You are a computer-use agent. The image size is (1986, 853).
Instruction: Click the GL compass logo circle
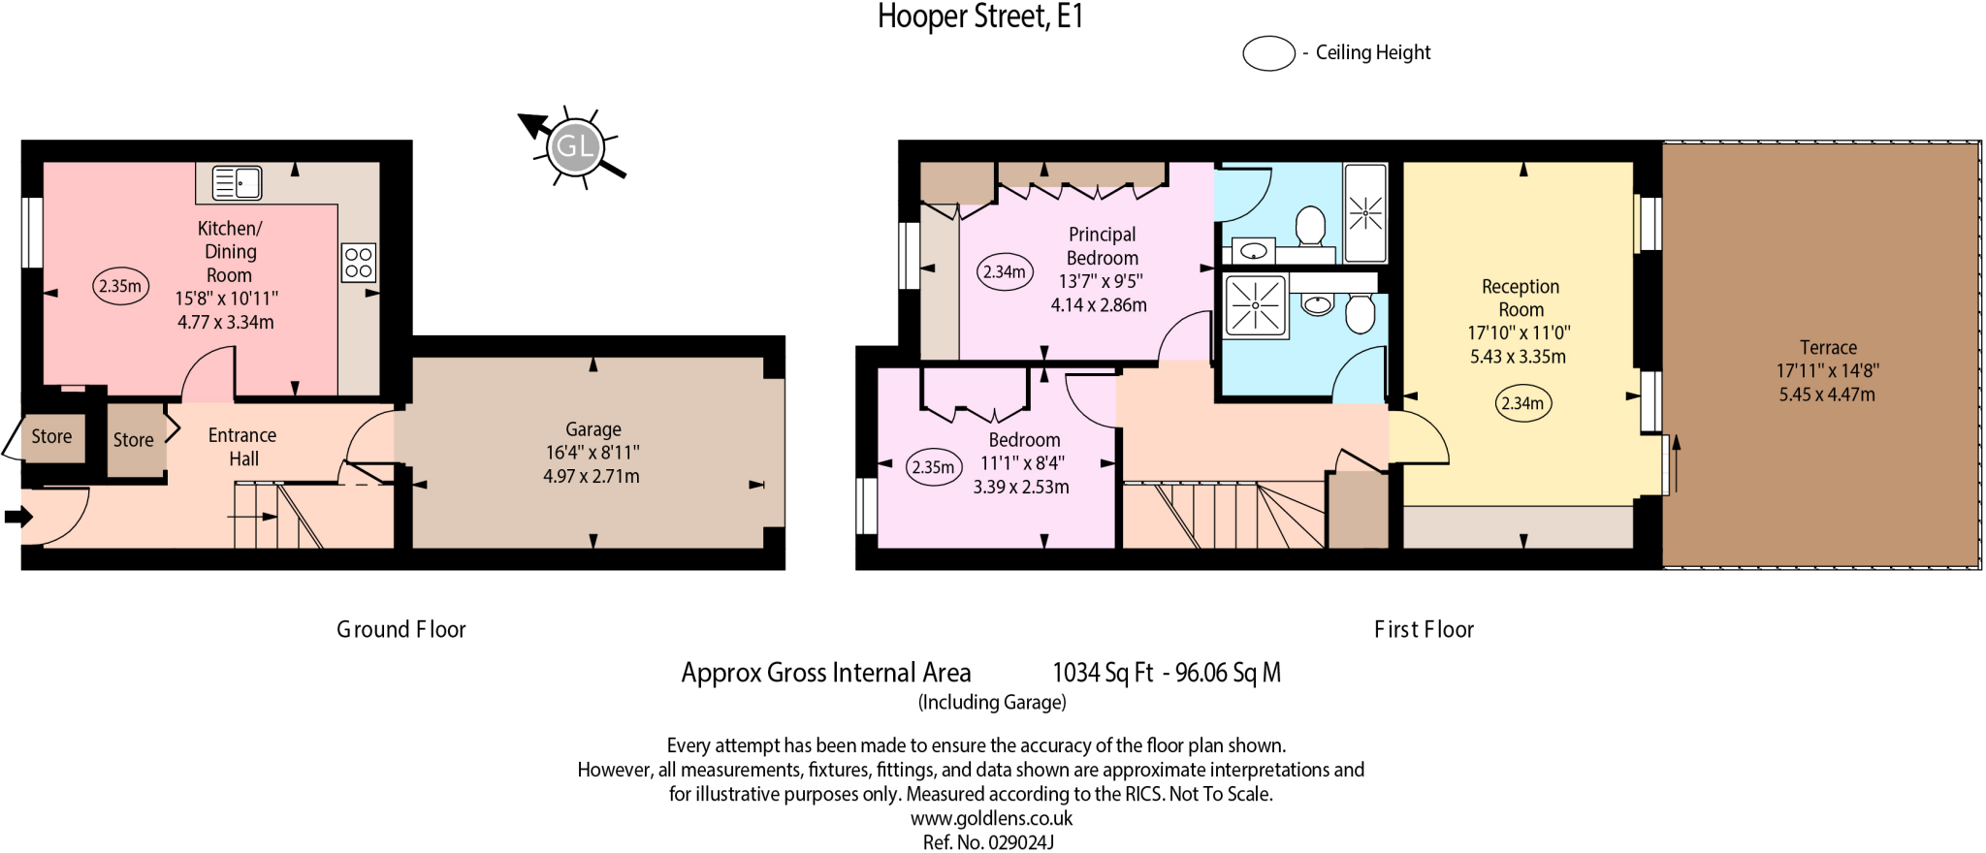coord(575,147)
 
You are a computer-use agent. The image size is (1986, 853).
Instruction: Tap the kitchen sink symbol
coord(237,182)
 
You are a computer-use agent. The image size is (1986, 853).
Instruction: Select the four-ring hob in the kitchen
coord(358,263)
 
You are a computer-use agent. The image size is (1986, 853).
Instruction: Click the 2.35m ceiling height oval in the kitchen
coord(120,286)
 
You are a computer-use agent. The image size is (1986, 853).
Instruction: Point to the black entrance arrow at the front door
coord(17,517)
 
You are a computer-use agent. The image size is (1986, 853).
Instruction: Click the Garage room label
coord(593,429)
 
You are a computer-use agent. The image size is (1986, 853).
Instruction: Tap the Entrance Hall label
coord(242,447)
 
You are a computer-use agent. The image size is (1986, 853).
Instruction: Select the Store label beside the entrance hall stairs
coord(133,440)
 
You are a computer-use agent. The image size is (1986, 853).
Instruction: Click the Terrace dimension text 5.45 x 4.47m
coord(1827,395)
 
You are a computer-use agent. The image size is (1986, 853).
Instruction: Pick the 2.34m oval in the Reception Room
coord(1522,403)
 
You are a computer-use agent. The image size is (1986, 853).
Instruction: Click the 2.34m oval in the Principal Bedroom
coord(1004,272)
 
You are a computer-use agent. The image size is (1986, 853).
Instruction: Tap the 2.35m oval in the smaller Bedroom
coord(933,467)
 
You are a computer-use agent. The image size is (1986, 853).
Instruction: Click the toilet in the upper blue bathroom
coord(1310,226)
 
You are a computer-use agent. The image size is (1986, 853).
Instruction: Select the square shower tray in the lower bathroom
coord(1255,306)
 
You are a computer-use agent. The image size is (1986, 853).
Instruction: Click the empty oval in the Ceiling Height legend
coord(1268,53)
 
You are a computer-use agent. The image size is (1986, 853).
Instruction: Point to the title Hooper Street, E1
coord(979,16)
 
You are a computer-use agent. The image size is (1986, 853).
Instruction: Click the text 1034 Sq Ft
coord(1103,673)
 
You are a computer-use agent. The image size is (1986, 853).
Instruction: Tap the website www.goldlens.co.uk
coord(991,818)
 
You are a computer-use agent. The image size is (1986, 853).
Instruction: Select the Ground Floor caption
coord(400,630)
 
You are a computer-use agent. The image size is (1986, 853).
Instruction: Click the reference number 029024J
coord(1020,842)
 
